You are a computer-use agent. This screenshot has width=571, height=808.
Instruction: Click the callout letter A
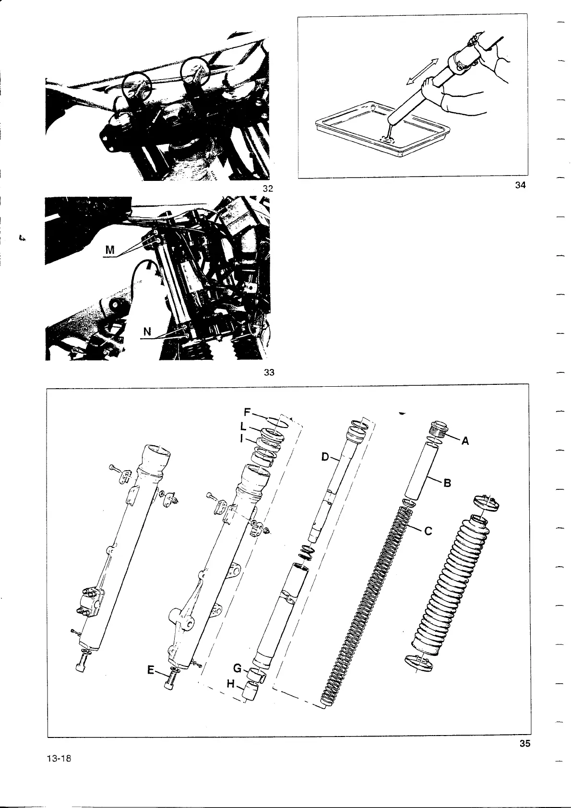464,442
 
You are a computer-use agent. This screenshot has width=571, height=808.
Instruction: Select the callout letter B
448,483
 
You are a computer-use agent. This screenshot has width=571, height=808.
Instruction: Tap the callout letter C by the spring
429,531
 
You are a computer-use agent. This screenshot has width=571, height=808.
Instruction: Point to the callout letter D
325,457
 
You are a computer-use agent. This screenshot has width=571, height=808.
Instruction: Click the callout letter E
151,671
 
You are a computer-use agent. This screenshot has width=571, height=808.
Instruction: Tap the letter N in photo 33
148,332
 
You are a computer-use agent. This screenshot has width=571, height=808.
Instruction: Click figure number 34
520,186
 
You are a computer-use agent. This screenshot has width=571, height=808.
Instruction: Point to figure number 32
268,189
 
